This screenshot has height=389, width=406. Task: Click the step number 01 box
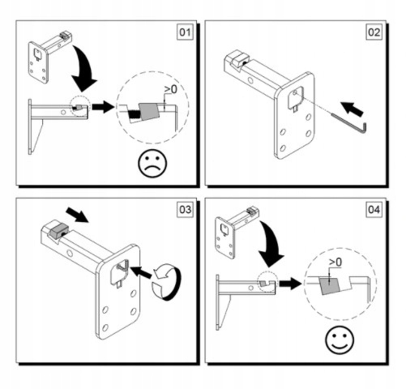pos(185,32)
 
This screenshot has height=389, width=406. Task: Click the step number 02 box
pos(374,32)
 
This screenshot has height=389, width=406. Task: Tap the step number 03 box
pos(185,209)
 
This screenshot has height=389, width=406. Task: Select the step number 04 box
pos(374,209)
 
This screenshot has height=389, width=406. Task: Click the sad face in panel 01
pos(152,163)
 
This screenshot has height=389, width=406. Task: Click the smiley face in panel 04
pos(340,340)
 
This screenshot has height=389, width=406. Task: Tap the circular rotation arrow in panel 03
pos(167,282)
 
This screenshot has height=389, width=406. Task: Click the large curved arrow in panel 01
pos(83,71)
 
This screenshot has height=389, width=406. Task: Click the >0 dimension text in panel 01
pos(170,89)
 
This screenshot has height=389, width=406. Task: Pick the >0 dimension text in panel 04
pos(335,262)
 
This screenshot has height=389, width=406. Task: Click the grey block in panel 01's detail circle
pos(149,111)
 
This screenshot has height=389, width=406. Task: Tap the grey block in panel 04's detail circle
pos(330,285)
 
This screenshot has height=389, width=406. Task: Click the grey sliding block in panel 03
pos(58,231)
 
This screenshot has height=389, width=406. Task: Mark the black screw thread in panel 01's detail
pos(134,114)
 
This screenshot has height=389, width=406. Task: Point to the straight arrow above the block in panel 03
pos(78,215)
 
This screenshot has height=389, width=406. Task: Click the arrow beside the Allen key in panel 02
pos(353,109)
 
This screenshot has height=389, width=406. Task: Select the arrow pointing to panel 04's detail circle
pos(290,284)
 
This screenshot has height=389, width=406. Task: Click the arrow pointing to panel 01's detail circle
pos(103,107)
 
